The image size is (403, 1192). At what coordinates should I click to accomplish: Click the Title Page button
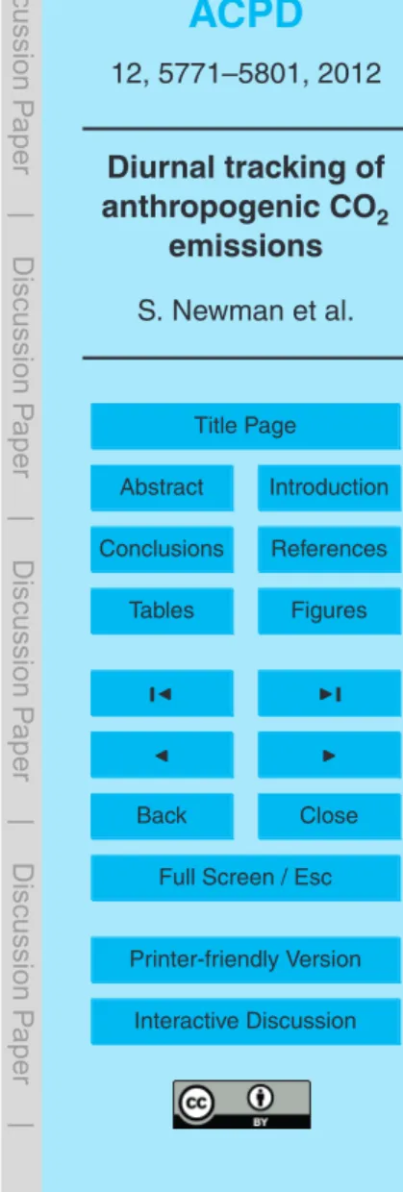point(245,426)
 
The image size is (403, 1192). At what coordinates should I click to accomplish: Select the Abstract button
point(162,487)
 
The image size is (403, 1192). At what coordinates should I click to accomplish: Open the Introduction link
point(330,487)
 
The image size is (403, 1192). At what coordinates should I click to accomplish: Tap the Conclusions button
point(162,549)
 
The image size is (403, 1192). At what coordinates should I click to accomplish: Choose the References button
point(330,549)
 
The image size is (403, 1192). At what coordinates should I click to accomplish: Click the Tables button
point(162,611)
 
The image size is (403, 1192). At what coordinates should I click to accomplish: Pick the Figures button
point(330,611)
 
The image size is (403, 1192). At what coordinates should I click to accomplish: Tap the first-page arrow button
point(162,693)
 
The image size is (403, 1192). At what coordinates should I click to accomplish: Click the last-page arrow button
point(330,693)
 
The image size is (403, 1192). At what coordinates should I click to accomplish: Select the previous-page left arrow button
point(162,755)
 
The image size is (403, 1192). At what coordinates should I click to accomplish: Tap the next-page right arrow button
point(330,755)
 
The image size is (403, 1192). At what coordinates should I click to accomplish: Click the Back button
point(162,816)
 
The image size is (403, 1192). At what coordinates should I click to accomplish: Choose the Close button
point(330,816)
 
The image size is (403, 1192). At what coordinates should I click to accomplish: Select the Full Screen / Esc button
point(245,878)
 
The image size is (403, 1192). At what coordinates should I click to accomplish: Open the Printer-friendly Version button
point(245,960)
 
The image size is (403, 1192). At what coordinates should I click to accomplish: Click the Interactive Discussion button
point(245,1022)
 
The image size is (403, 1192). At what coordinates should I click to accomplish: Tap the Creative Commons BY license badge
point(241,1105)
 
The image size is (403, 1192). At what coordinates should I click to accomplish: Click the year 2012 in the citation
point(349,73)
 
